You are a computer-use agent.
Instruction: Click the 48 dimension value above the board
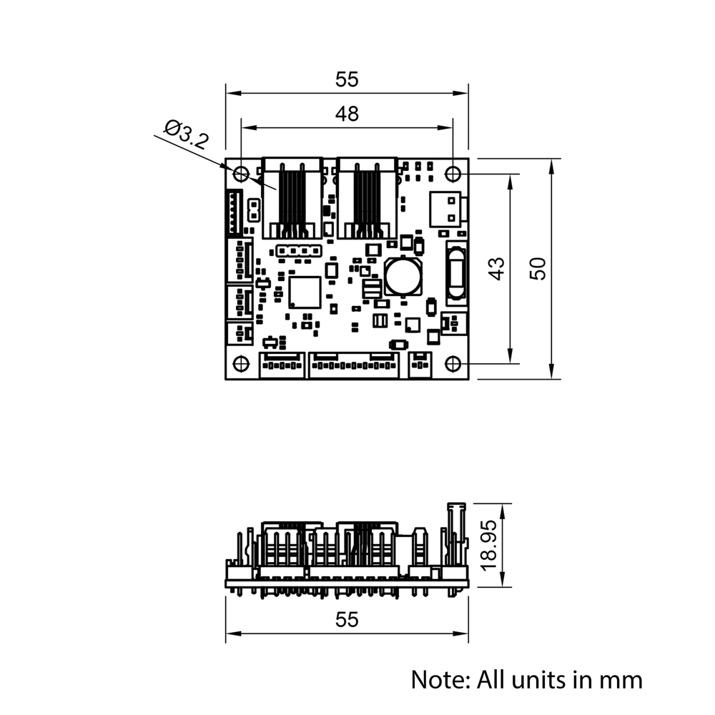coord(347,114)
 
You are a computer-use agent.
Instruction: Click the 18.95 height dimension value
coord(489,546)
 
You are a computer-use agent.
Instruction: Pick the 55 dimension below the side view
coord(347,620)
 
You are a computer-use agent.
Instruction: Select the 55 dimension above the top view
coord(347,80)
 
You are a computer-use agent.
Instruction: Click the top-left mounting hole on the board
coord(241,173)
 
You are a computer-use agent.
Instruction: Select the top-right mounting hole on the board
coord(453,173)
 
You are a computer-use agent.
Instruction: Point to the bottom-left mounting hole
coord(241,364)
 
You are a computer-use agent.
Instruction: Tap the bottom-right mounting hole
coord(453,364)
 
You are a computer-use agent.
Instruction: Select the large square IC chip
coord(305,292)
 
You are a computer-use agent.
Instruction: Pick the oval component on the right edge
coord(455,272)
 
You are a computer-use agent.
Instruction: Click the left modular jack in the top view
coord(292,197)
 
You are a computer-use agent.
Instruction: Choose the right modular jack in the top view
coord(368,197)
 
